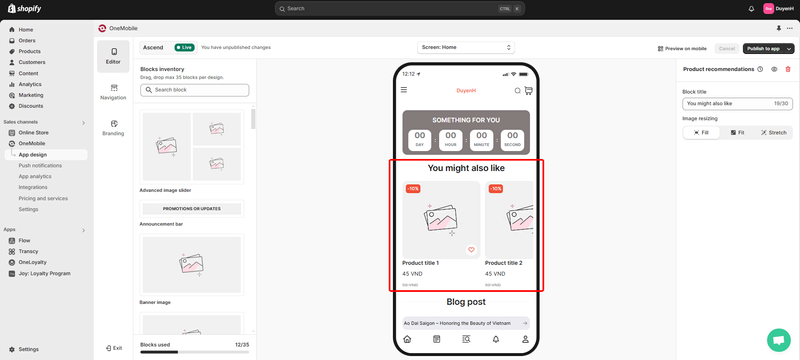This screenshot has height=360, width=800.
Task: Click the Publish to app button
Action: pyautogui.click(x=762, y=48)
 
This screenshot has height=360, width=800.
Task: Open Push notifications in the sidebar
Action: pyautogui.click(x=40, y=165)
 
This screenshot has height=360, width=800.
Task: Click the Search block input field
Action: pyautogui.click(x=194, y=90)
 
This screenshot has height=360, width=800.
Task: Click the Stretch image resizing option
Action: pyautogui.click(x=772, y=132)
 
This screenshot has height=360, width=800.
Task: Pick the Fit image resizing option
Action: pyautogui.click(x=737, y=132)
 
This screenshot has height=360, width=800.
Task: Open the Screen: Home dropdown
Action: pyautogui.click(x=465, y=47)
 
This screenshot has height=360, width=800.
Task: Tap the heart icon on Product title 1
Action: pyautogui.click(x=471, y=250)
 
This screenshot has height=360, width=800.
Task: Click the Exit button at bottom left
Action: pyautogui.click(x=113, y=348)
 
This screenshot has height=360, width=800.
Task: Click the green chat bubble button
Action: pyautogui.click(x=778, y=338)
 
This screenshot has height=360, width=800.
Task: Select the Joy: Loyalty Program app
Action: pyautogui.click(x=44, y=273)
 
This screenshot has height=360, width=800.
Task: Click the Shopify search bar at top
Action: pyautogui.click(x=399, y=8)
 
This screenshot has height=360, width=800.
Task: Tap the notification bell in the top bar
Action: pyautogui.click(x=751, y=8)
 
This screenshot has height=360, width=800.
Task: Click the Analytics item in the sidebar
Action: pyautogui.click(x=30, y=84)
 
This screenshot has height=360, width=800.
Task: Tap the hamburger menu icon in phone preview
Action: pyautogui.click(x=404, y=90)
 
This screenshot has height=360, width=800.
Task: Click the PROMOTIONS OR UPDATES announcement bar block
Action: pyautogui.click(x=192, y=208)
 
